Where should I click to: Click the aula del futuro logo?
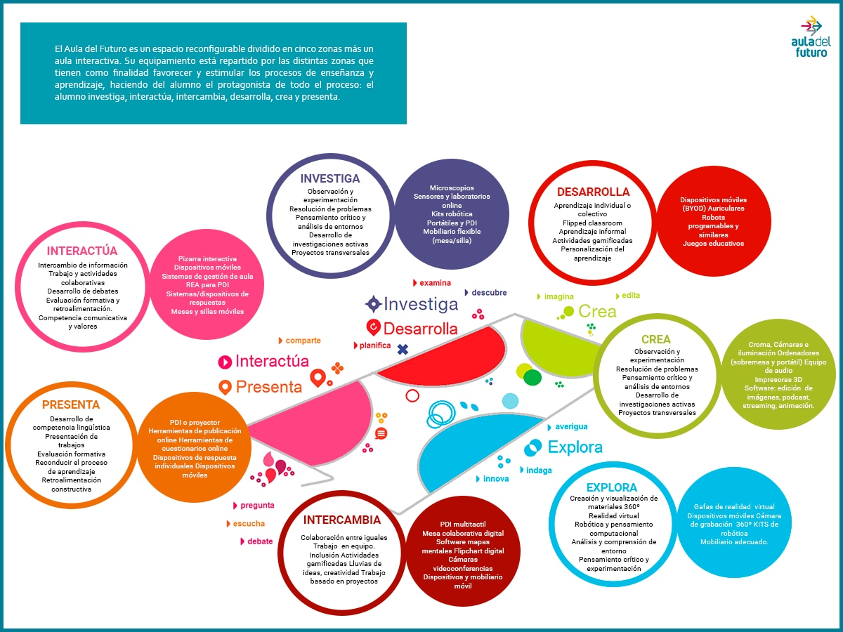(811, 37)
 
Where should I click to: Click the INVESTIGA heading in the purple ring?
(330, 178)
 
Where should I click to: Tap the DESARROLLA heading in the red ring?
(593, 192)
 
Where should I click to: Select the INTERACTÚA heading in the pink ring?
(81, 251)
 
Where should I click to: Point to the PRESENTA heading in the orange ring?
(71, 404)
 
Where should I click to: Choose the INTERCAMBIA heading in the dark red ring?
(342, 520)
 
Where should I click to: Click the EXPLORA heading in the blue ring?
(611, 487)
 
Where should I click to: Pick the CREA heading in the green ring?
(655, 339)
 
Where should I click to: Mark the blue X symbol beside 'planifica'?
(403, 349)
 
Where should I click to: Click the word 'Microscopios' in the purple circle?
(452, 188)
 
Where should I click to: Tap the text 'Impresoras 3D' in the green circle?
(778, 379)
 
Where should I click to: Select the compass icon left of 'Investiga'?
(373, 304)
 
